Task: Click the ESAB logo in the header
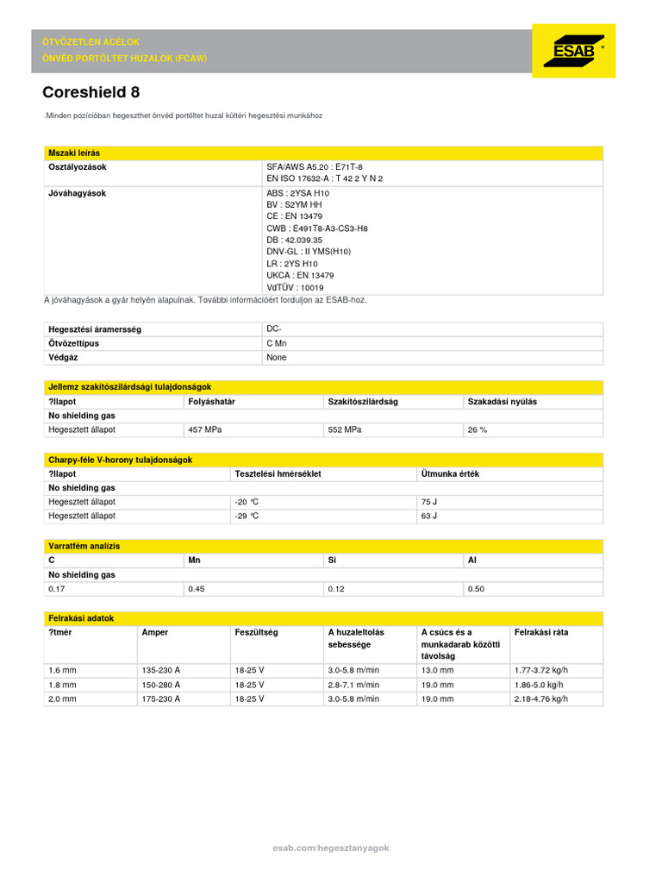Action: coord(573,51)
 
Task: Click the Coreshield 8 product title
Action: coord(91,92)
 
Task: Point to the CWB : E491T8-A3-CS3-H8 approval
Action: coord(316,229)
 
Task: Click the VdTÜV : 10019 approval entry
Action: coord(295,287)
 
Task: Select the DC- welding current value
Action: coord(274,329)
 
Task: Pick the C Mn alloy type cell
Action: coord(277,343)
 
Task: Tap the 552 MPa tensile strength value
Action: coord(345,429)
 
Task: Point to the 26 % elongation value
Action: coord(477,429)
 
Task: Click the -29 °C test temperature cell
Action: coord(247,516)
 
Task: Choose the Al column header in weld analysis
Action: coord(472,560)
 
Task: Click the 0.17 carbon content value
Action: coord(57,589)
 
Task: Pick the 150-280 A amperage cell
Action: coord(160,685)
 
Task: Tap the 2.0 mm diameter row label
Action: coord(62,699)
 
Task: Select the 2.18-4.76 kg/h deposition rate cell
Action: coord(540,699)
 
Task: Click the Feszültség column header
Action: coord(256,632)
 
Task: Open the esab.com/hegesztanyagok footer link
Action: coord(331,849)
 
